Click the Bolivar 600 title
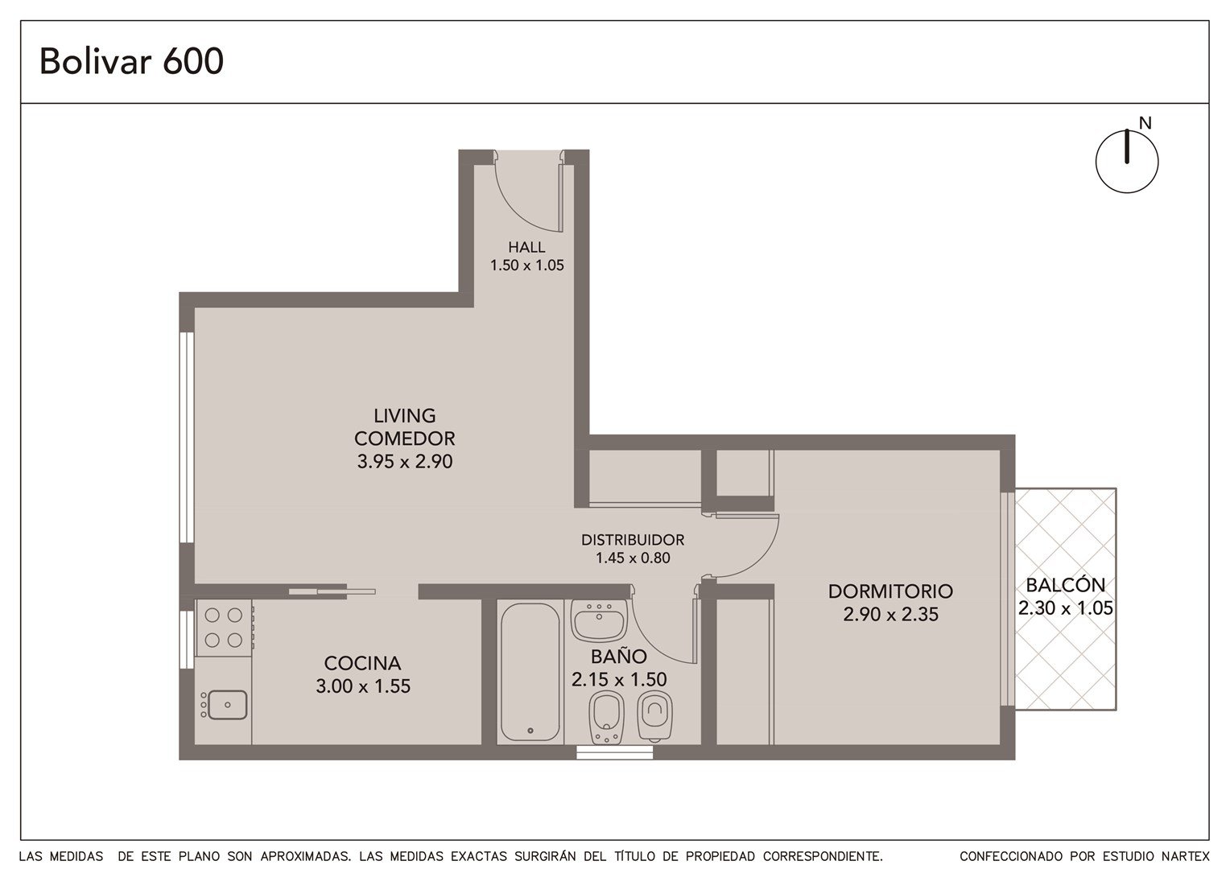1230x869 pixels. (x=131, y=61)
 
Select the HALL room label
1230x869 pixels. (x=526, y=247)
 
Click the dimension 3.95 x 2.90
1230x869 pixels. (x=405, y=461)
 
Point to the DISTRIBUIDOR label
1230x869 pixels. (x=633, y=540)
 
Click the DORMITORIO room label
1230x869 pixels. (x=890, y=591)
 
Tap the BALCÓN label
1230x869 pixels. (x=1065, y=585)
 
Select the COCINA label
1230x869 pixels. (x=362, y=663)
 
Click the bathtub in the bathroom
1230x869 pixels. (x=530, y=671)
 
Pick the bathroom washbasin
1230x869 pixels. (x=599, y=620)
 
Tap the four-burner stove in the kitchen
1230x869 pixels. (x=224, y=628)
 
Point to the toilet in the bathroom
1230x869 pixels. (x=654, y=716)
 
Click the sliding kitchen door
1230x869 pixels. (x=332, y=591)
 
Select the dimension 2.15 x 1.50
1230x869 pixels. (x=619, y=680)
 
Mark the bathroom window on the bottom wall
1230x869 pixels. (x=614, y=752)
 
